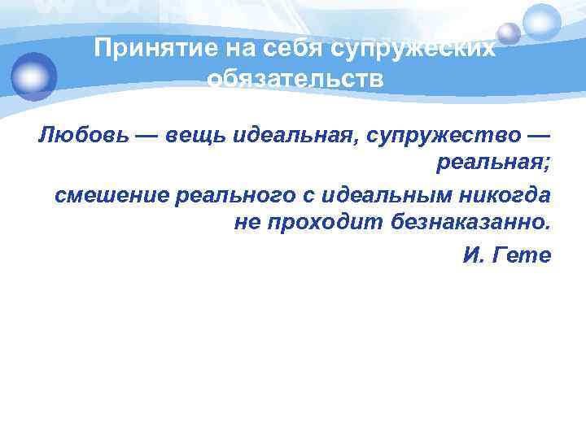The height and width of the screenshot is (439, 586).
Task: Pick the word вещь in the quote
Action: pyautogui.click(x=195, y=134)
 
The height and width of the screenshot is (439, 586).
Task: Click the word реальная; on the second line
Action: pyautogui.click(x=494, y=164)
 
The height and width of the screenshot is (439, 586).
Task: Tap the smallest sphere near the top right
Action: pyautogui.click(x=509, y=33)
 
